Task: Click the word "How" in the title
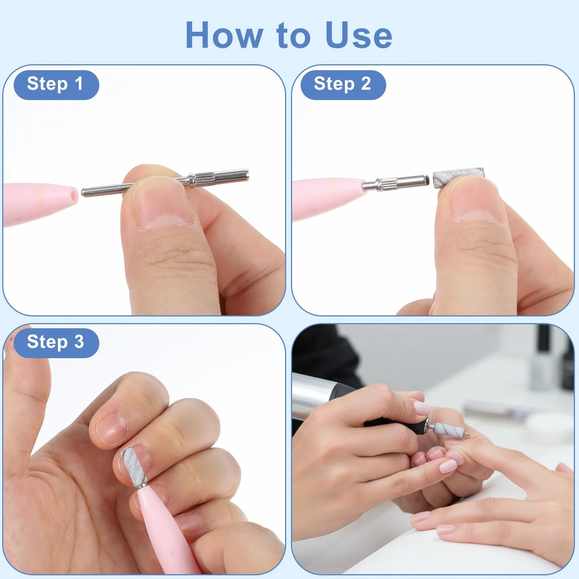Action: [223, 35]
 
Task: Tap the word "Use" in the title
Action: [359, 35]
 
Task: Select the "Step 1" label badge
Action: [56, 85]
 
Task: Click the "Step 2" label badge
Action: [343, 85]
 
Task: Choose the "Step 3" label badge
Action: [56, 343]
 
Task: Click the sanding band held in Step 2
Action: [458, 178]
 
